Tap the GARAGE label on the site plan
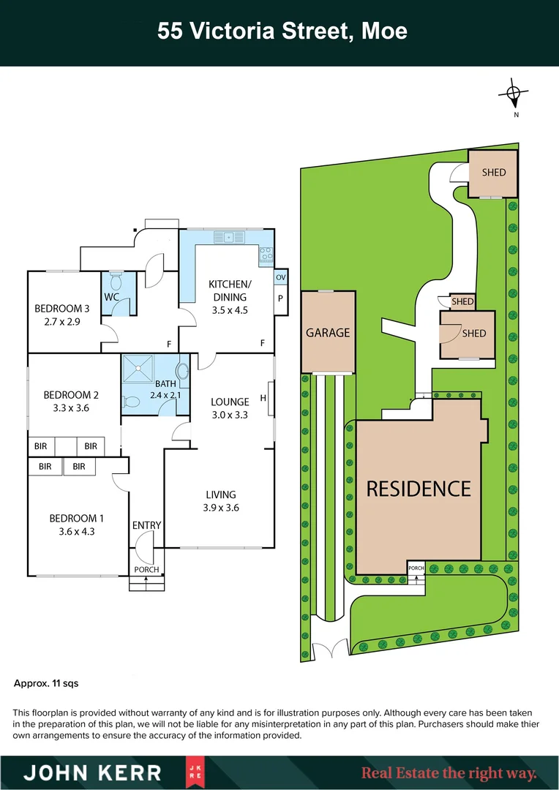coord(327,333)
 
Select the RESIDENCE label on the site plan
coord(419,489)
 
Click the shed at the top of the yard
coord(493,173)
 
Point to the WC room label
coord(112,297)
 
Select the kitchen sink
coord(230,236)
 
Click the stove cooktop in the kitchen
coord(266,255)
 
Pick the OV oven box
coord(280,278)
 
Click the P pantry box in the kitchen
coord(280,298)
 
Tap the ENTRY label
coord(146,525)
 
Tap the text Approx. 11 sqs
coord(46,684)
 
